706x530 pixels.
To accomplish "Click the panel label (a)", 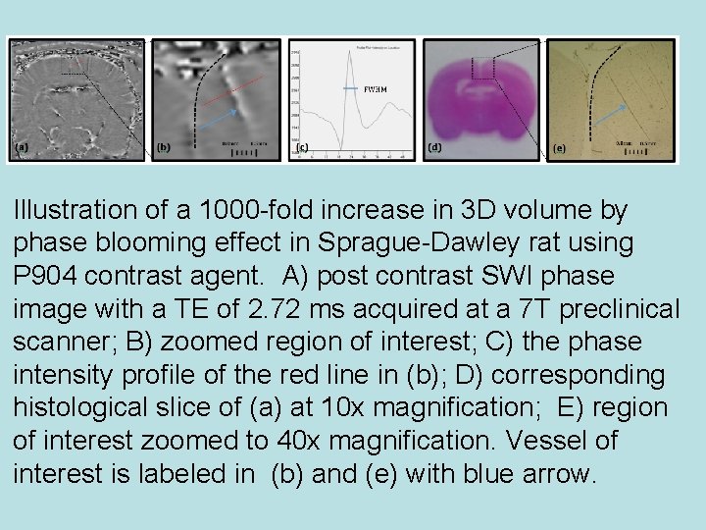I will pos(21,148).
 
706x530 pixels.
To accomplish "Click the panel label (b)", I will pos(164,148).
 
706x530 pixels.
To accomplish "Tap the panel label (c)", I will pos(303,148).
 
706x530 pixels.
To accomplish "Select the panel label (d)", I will pos(434,147).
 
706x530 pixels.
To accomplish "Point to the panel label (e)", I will pos(559,148).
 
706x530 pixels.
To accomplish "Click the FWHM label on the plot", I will pos(375,89).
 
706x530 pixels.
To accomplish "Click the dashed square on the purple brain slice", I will pos(481,68).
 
